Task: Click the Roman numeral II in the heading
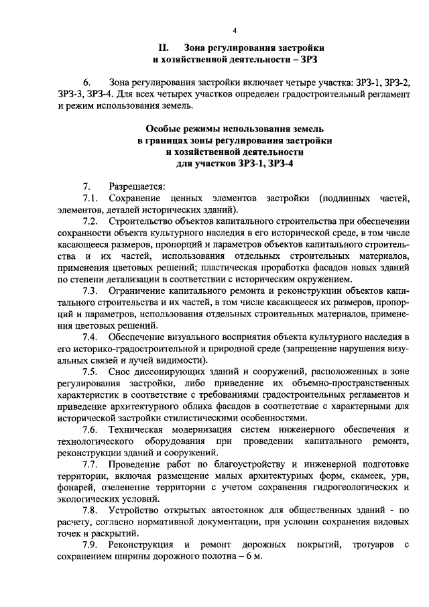[x=162, y=49]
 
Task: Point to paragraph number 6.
[x=85, y=83]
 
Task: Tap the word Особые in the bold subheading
[x=164, y=129]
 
